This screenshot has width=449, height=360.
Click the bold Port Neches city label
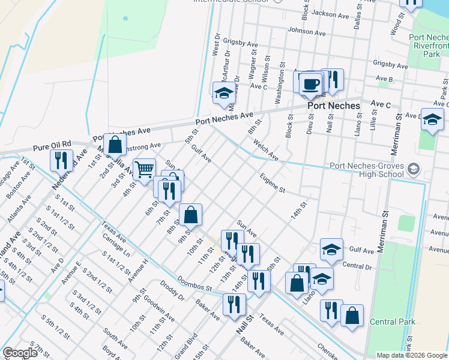click(x=334, y=106)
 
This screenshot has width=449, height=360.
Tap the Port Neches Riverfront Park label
click(x=428, y=46)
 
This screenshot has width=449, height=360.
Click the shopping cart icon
click(x=144, y=170)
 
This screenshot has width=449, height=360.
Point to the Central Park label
click(x=393, y=322)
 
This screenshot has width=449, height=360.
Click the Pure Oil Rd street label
click(x=52, y=146)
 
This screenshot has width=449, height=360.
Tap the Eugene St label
click(x=272, y=183)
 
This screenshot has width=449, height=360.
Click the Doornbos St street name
click(x=195, y=283)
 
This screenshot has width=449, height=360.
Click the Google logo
click(x=20, y=353)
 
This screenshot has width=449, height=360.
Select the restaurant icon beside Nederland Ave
click(x=61, y=160)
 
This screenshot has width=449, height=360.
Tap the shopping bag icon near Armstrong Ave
click(x=115, y=144)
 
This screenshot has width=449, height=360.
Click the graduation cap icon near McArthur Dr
click(x=224, y=92)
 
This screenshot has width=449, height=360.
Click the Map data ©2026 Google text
click(x=411, y=355)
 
